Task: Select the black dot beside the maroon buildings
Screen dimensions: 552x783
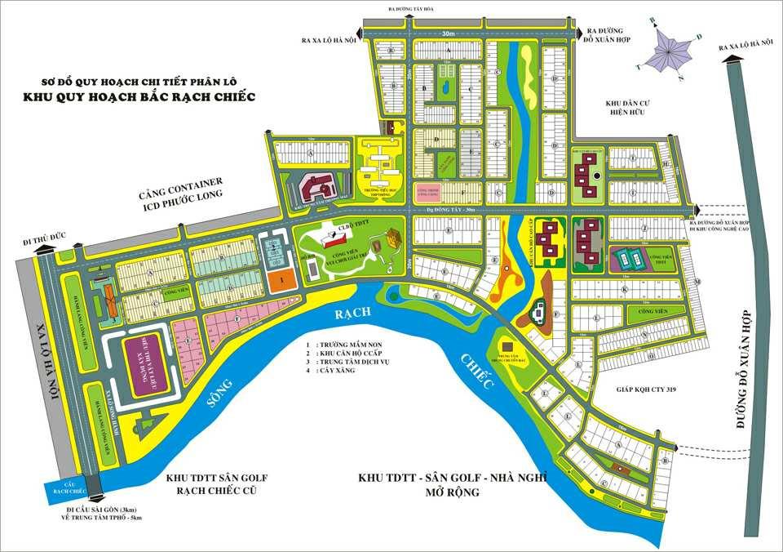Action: coord(598,176)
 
